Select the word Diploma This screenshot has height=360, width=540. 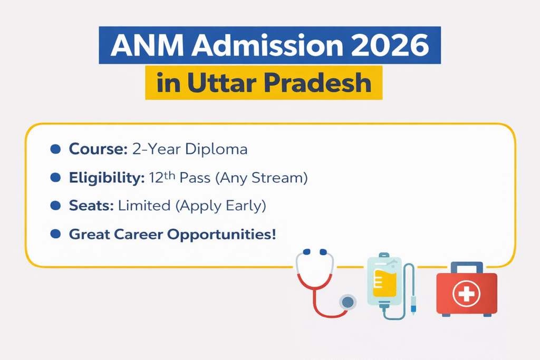tap(216, 149)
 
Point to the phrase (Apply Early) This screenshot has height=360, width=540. tap(222, 206)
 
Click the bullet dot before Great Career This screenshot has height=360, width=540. tap(55, 233)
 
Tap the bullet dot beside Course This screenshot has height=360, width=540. tap(55, 150)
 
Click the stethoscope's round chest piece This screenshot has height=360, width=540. tap(347, 302)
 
